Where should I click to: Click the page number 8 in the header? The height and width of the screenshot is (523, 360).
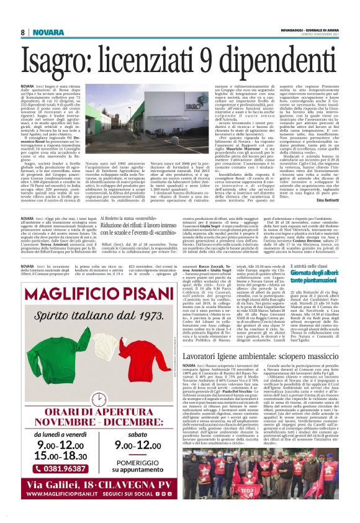(22, 32)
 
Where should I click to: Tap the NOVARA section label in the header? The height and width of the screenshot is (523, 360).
(45, 32)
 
